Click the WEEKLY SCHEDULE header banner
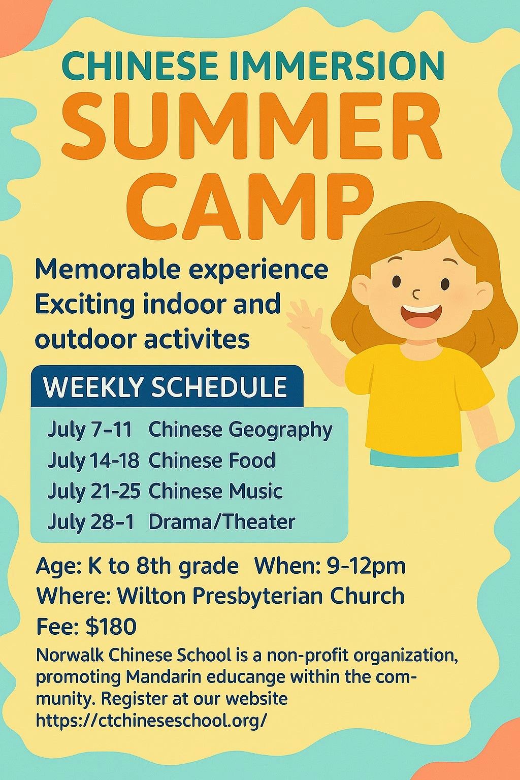tap(167, 386)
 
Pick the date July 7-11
tap(89, 430)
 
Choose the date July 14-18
tap(93, 461)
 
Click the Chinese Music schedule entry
tap(215, 492)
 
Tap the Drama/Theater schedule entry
tap(222, 523)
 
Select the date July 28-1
tap(90, 523)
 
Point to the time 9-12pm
tap(366, 567)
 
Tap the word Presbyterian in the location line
tap(258, 597)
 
